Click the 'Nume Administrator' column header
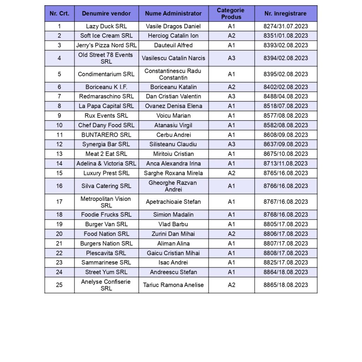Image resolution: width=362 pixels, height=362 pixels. tap(173, 14)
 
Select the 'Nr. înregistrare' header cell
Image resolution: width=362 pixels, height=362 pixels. tap(286, 14)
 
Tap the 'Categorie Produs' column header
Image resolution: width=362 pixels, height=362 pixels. tap(231, 14)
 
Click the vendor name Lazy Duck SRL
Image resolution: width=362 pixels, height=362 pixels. tap(106, 26)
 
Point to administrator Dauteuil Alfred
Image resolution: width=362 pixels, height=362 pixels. tap(173, 45)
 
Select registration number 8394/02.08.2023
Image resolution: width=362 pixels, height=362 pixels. tap(286, 58)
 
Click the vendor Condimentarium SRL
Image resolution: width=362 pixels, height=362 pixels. tap(106, 74)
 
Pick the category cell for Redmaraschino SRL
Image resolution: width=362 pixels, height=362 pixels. tap(231, 97)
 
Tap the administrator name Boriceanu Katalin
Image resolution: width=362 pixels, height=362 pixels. tap(173, 87)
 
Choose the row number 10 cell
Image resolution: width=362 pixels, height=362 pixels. tap(59, 125)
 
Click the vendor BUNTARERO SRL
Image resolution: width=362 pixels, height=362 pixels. tap(106, 135)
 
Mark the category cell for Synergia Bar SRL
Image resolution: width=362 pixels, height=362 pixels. tap(231, 144)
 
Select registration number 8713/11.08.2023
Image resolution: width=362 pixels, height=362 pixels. tap(286, 163)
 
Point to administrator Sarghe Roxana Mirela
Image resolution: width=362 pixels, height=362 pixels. tap(173, 173)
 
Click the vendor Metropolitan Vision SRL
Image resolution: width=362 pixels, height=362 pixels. tap(106, 202)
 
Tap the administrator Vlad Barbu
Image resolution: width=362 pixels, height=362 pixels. tap(173, 224)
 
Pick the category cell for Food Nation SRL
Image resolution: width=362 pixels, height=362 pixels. tap(231, 234)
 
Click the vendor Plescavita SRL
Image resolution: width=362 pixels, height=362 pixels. tap(106, 253)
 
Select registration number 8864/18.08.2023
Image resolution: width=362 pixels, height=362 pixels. tap(286, 272)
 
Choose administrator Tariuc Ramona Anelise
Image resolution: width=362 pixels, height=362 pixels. tap(173, 285)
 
